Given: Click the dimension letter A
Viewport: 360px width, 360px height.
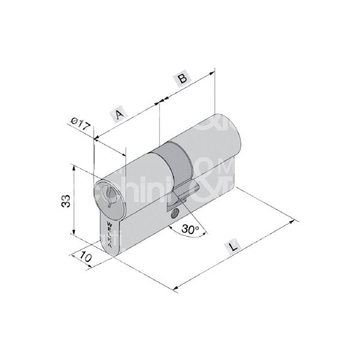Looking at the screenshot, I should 119,113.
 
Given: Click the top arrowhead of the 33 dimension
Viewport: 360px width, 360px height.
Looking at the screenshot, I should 73,167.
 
